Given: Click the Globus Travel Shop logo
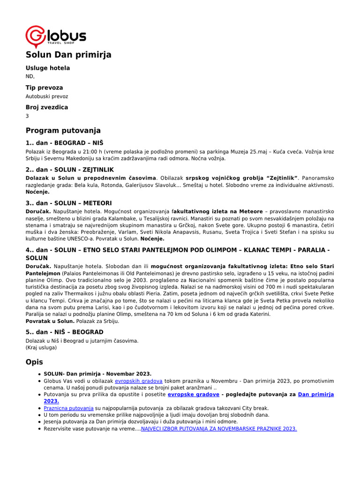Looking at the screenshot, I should (55, 36).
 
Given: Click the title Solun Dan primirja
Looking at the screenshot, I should (68, 55).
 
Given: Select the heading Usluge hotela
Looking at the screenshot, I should (47, 68).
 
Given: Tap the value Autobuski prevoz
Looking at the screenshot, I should (46, 96).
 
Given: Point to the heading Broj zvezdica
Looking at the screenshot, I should (46, 107).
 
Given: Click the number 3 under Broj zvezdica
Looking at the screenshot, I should (27, 116).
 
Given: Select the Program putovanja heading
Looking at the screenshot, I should (63, 130).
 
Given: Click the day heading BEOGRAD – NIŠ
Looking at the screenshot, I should (64, 142).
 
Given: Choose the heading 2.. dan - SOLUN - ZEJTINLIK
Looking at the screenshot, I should (69, 169).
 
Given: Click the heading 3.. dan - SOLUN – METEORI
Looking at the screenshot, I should (68, 203).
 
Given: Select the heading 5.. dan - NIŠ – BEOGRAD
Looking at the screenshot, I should (64, 332).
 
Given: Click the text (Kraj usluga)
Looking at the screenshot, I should (41, 347).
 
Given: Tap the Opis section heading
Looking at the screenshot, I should (34, 362).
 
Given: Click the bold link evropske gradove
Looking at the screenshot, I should (193, 395).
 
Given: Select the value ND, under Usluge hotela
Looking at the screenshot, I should (30, 76).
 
